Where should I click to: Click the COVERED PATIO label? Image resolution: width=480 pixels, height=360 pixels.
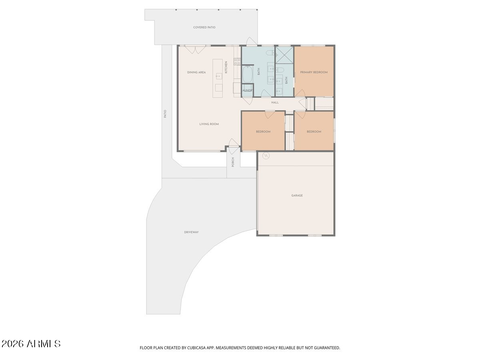click(x=204, y=27)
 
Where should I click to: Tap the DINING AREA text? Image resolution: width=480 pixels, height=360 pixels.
click(x=196, y=72)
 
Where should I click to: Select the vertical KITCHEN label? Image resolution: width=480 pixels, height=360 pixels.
click(x=226, y=67)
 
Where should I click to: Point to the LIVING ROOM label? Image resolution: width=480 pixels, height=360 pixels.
click(x=209, y=124)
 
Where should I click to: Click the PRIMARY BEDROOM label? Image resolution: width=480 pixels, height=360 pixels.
click(x=314, y=72)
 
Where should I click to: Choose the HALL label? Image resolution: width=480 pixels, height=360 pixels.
click(x=275, y=102)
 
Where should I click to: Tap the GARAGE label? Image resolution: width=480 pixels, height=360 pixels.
click(x=297, y=196)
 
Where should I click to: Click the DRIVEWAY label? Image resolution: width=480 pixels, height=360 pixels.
click(x=191, y=232)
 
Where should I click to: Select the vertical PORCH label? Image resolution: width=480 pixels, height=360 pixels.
click(x=233, y=162)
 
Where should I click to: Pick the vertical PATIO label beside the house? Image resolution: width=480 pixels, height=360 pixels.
click(x=165, y=114)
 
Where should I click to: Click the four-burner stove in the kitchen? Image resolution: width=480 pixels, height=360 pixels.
click(x=237, y=62)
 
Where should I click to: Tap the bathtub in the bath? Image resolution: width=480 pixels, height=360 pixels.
click(x=247, y=74)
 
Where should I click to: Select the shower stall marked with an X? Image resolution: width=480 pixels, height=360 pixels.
click(x=284, y=55)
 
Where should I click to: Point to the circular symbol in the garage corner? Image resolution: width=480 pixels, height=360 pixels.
click(x=266, y=156)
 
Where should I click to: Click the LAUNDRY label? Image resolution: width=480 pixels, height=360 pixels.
click(x=248, y=90)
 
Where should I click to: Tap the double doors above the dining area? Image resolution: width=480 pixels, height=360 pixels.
click(x=195, y=50)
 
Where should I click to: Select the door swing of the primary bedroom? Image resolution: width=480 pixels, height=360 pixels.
click(x=300, y=93)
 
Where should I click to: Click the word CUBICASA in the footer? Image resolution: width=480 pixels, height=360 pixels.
click(x=196, y=348)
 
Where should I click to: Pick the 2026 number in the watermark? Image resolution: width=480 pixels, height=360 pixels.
click(x=12, y=344)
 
